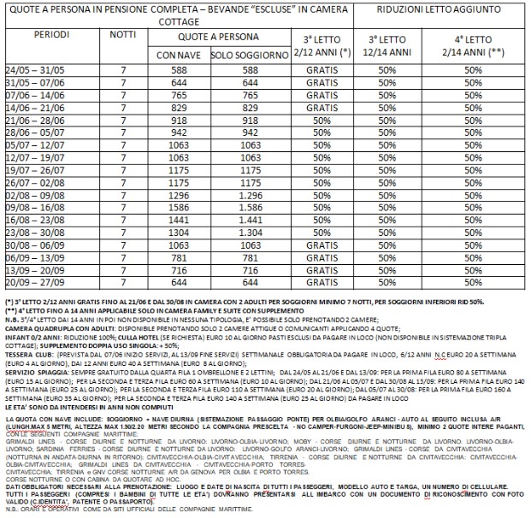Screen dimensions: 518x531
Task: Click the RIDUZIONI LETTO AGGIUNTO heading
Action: coord(440,13)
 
